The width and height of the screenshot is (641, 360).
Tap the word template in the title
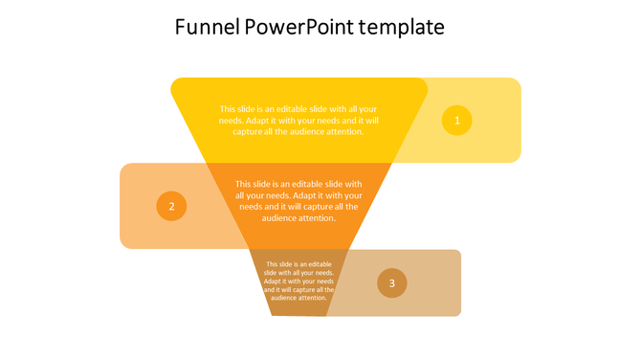click(402, 28)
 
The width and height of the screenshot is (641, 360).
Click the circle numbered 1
click(456, 120)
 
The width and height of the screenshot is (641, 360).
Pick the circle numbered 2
click(171, 206)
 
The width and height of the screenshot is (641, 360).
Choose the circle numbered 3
click(391, 282)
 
